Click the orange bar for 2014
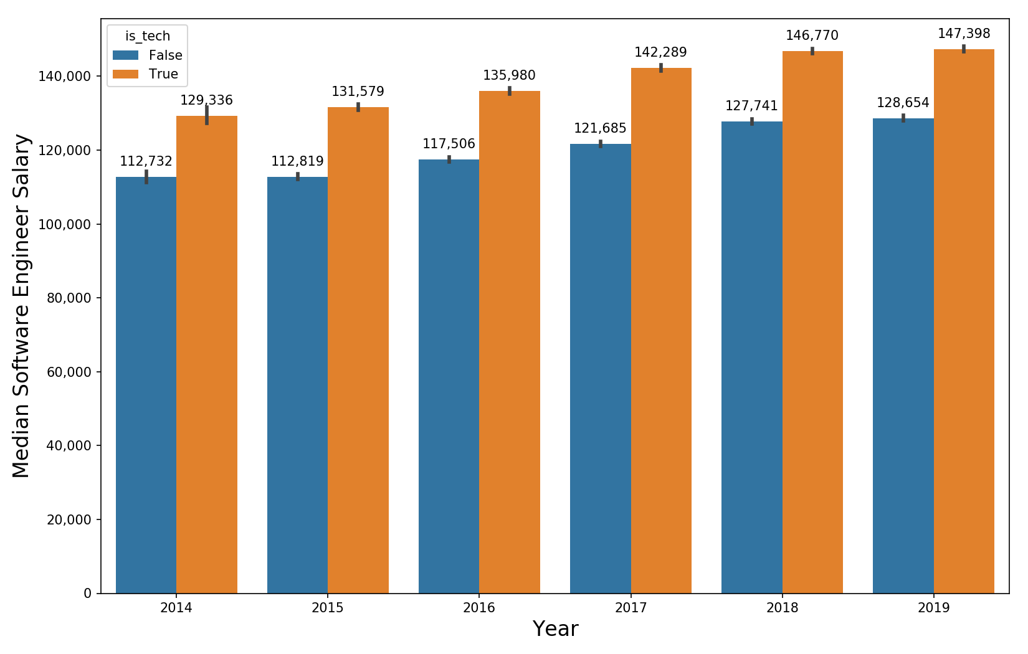click(207, 355)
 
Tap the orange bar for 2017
click(661, 331)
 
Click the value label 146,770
click(812, 36)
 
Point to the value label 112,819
click(297, 161)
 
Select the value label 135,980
click(509, 75)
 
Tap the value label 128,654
click(903, 103)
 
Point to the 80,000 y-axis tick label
click(69, 298)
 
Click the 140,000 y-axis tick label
click(65, 77)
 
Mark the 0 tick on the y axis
click(87, 594)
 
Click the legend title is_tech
click(148, 36)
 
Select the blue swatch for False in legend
click(125, 55)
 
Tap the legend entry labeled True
click(163, 74)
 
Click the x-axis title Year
click(555, 629)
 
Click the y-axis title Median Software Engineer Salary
click(21, 306)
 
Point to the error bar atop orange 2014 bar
click(207, 115)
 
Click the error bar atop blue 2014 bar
click(146, 177)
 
